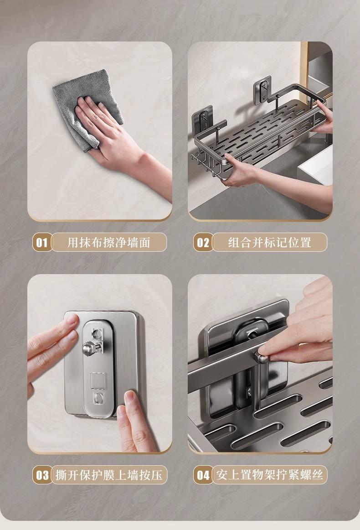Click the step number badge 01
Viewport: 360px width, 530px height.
42,242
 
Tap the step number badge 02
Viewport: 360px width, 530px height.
203,242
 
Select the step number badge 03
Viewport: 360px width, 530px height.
42,475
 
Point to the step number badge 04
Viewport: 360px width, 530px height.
203,475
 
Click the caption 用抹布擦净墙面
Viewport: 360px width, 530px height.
109,242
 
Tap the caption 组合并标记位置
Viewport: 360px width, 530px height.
269,242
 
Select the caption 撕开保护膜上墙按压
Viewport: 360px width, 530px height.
109,475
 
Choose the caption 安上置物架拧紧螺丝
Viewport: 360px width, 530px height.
270,475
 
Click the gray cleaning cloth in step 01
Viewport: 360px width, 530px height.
86,108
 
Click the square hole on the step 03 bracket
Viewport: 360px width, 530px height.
98,380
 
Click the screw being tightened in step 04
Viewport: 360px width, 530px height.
262,357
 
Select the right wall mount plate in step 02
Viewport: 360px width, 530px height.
263,89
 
